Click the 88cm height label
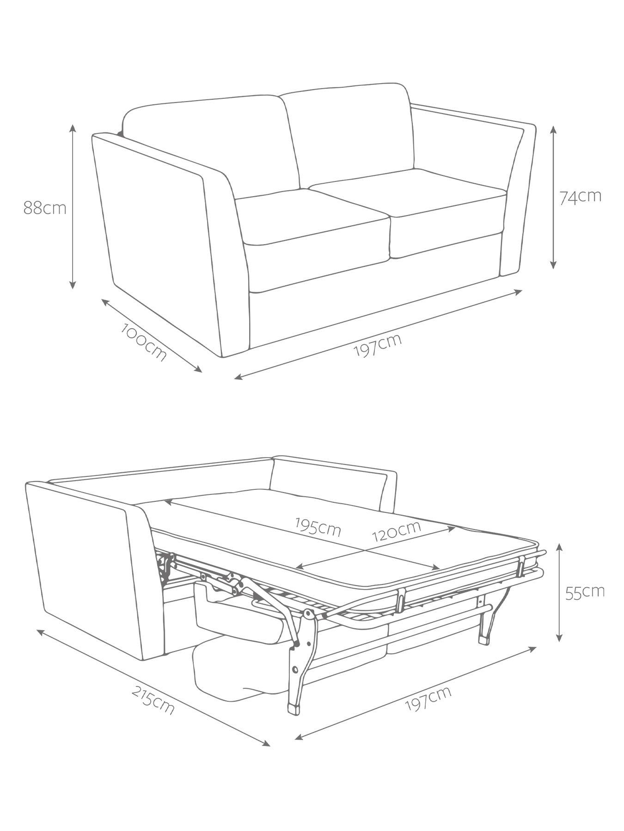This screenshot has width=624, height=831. (45, 208)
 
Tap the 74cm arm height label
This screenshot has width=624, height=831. (581, 197)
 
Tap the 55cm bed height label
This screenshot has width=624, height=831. (585, 592)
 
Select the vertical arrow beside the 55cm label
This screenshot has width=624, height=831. (560, 592)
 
